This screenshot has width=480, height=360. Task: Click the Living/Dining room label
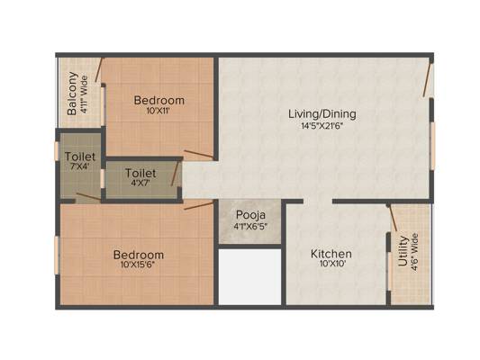(x=322, y=114)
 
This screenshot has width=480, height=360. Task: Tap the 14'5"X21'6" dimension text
(x=322, y=126)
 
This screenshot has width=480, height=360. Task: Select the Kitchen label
(x=331, y=254)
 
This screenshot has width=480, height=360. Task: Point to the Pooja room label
(x=250, y=215)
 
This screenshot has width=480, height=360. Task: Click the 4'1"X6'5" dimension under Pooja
(x=250, y=228)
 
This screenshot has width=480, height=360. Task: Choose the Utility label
(x=403, y=251)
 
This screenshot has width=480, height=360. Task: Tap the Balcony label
(x=72, y=94)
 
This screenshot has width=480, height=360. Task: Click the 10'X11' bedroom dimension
(x=158, y=111)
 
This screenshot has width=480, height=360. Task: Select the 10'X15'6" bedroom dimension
(x=137, y=265)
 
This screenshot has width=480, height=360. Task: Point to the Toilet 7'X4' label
(x=80, y=161)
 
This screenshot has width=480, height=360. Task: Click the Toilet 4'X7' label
(x=140, y=177)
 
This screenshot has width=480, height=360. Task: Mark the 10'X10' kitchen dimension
(x=332, y=264)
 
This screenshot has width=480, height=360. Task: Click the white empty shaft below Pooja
(x=250, y=277)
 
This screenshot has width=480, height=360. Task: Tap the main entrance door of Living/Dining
(x=428, y=79)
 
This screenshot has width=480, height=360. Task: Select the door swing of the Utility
(x=392, y=218)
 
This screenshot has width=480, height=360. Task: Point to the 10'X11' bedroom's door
(x=198, y=154)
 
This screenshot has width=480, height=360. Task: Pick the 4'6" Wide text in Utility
(x=414, y=253)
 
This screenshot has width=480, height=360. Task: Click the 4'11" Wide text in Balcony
(x=84, y=94)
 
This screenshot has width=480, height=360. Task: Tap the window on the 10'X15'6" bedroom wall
(x=57, y=255)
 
